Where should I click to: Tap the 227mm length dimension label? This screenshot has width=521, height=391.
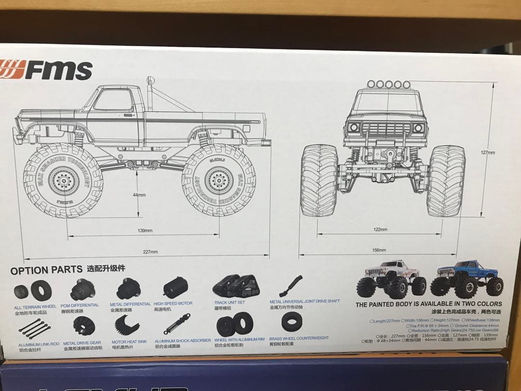click(x=150, y=251)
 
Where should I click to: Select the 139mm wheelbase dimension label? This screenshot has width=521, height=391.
click(x=145, y=230)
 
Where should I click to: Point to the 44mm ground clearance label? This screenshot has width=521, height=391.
click(x=139, y=195)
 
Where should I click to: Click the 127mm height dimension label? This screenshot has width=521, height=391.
click(x=488, y=153)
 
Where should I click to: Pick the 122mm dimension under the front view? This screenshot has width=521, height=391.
click(x=380, y=229)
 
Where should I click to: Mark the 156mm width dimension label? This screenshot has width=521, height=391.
click(x=379, y=250)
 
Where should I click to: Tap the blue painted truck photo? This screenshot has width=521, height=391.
click(x=466, y=279)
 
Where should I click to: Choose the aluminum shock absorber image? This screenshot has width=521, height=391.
click(x=177, y=324)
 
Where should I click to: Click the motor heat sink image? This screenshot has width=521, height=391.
click(x=127, y=325)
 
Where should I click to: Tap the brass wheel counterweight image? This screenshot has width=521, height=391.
click(x=291, y=321)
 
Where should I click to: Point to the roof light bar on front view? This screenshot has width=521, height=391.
click(x=388, y=84)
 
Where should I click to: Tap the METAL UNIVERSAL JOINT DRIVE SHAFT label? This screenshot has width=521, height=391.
click(x=304, y=301)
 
